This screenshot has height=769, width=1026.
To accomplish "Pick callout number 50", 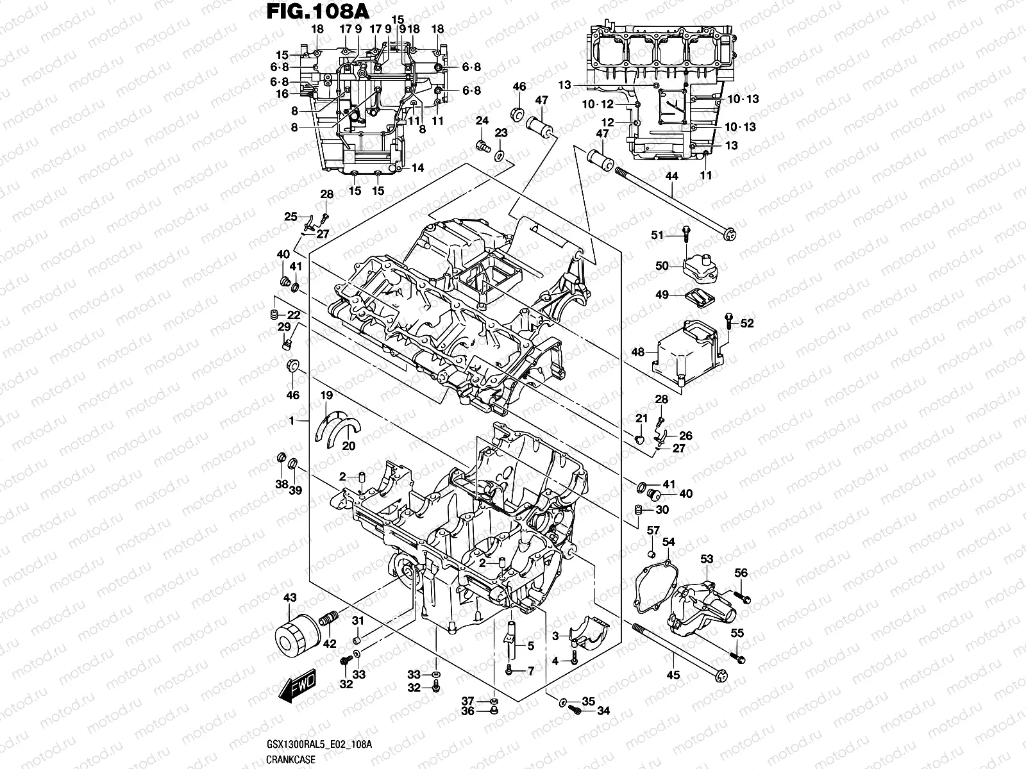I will (x=662, y=266).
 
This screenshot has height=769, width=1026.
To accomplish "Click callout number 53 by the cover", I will (x=707, y=559).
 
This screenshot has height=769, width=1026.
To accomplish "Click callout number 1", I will (x=291, y=420).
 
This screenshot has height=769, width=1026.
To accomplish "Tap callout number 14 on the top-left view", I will (x=418, y=168).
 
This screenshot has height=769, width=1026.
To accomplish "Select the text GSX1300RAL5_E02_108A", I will (x=318, y=743).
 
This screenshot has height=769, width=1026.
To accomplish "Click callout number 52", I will (x=747, y=324).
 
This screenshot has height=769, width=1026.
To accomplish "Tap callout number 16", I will (x=283, y=94).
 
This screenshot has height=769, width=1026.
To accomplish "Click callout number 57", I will (x=653, y=530).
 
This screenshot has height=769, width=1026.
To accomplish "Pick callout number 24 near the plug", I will (x=482, y=120).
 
